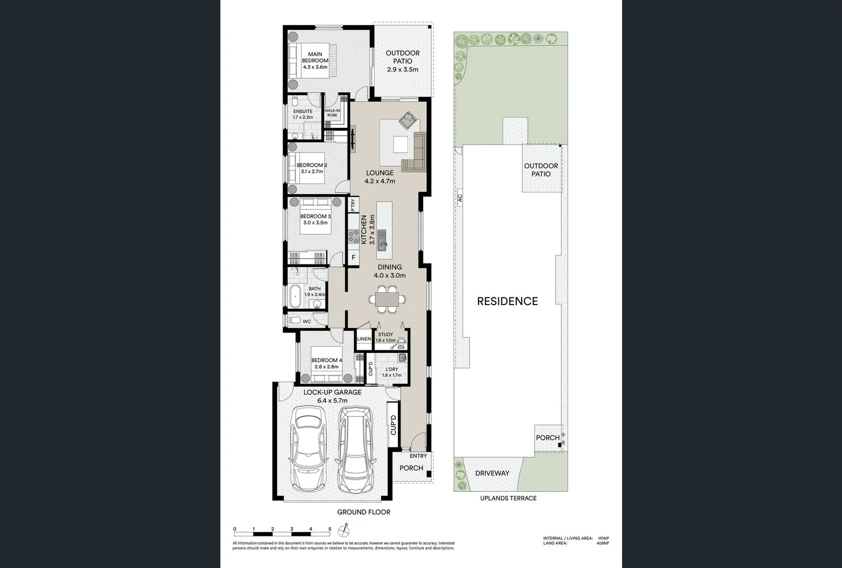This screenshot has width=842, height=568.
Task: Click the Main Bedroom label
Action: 315,60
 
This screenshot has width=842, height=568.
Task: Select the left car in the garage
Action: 309,450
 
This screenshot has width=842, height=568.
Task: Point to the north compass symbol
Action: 345,529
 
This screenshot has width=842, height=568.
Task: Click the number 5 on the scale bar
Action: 330,529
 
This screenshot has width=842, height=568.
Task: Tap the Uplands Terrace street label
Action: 508,498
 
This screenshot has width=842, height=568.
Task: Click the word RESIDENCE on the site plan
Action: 507,301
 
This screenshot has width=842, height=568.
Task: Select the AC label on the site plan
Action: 459,198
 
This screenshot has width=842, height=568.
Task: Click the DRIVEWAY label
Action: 492,473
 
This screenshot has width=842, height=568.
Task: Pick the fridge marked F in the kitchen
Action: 353,258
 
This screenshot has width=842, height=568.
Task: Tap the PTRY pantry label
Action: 353,205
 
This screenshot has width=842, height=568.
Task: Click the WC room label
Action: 307,321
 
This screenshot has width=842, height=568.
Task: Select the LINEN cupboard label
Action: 364,339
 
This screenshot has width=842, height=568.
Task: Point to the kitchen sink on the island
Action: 382,243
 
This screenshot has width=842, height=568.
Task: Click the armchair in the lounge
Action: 407,121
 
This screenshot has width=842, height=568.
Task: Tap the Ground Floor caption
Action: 364,512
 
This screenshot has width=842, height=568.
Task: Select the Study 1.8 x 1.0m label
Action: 385,337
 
